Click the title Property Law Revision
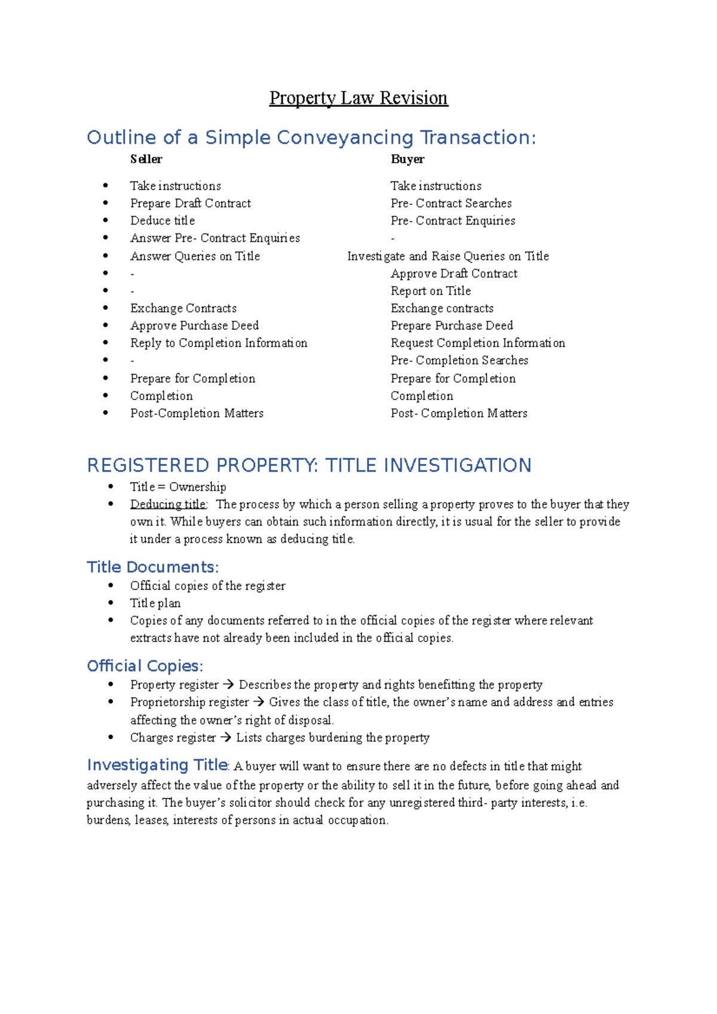(x=358, y=98)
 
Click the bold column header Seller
(x=146, y=159)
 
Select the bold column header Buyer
(x=407, y=159)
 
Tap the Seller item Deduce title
(x=163, y=221)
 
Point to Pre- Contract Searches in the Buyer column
(x=451, y=204)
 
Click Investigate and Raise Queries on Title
(x=448, y=256)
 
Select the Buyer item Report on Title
(x=431, y=291)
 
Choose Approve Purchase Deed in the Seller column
(x=194, y=325)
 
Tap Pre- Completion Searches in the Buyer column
(x=459, y=361)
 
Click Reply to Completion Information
(x=219, y=343)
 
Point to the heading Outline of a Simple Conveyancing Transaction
(x=311, y=138)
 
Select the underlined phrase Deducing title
(x=168, y=505)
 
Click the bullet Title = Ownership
(x=178, y=487)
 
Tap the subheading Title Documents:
(x=153, y=567)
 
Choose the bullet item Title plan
(x=155, y=603)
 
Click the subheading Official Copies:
(x=145, y=666)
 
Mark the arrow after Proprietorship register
(x=258, y=702)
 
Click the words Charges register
(x=173, y=738)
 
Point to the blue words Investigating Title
(x=157, y=765)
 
